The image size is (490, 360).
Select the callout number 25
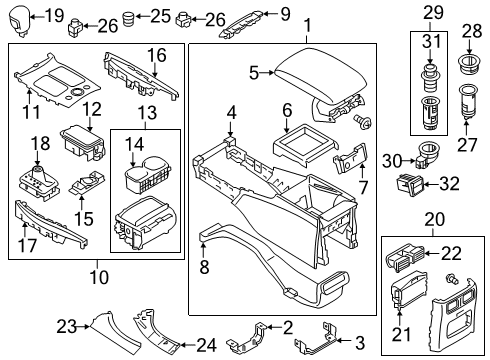[x=161, y=15]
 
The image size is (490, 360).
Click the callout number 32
[x=449, y=183]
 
